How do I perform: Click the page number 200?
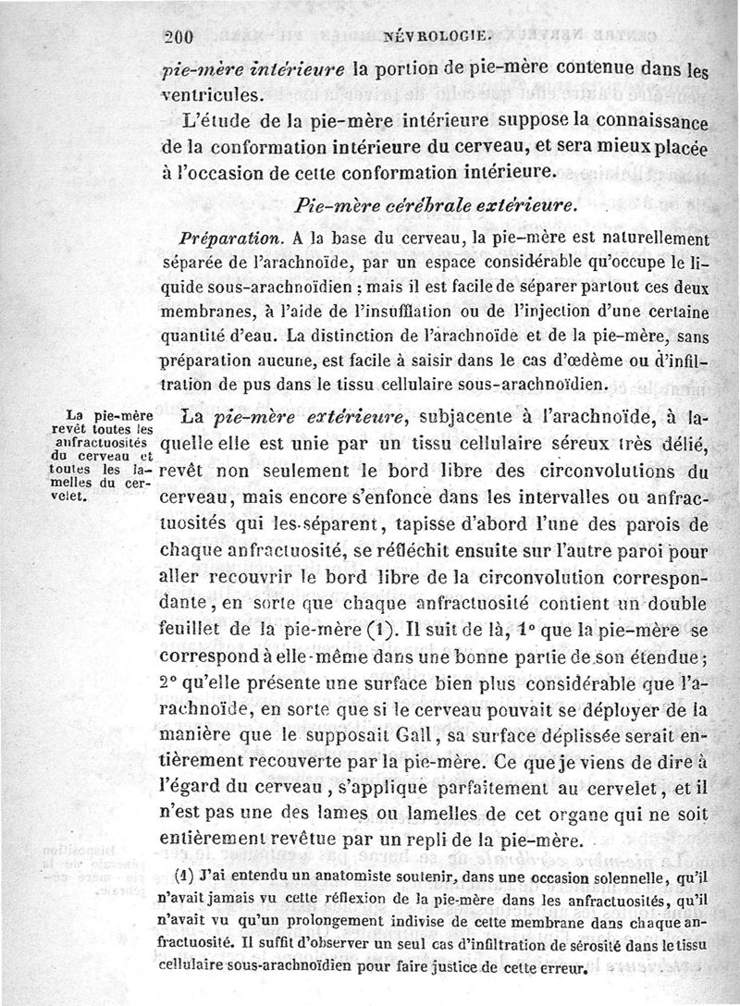pos(176,38)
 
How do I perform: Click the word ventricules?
pos(212,94)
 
